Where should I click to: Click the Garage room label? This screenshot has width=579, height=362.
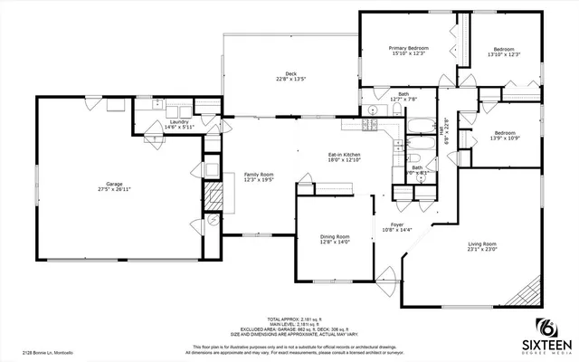(109, 186)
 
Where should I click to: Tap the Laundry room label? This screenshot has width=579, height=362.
(179, 125)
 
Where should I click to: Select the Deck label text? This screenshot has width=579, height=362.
(290, 76)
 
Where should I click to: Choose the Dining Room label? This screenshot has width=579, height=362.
(335, 239)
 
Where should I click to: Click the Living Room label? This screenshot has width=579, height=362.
(482, 247)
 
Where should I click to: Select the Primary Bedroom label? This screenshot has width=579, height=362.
(408, 50)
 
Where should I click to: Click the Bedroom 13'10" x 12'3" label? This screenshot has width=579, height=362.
(503, 52)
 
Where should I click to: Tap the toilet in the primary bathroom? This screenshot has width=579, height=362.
(399, 110)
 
